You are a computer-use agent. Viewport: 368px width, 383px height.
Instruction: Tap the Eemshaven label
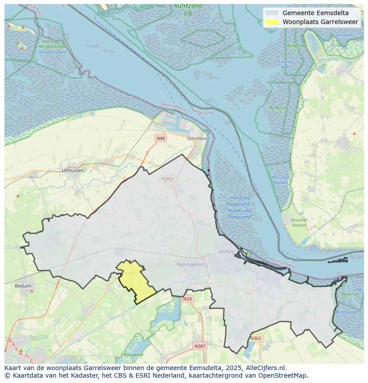click(x=198, y=139)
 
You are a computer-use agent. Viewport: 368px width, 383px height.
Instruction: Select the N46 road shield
click(x=160, y=138)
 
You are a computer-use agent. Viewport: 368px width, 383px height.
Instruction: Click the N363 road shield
click(x=167, y=179)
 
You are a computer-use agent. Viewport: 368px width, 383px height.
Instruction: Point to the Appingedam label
click(x=192, y=264)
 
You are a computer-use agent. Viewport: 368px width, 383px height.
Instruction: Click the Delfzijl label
click(x=227, y=252)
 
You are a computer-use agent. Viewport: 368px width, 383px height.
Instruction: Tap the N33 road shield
click(x=188, y=299)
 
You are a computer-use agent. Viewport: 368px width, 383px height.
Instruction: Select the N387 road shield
click(x=200, y=346)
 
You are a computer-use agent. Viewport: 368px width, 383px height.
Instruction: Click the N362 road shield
click(x=256, y=339)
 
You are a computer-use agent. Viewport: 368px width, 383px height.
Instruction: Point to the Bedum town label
click(x=23, y=286)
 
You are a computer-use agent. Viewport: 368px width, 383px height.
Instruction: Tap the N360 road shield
click(x=129, y=274)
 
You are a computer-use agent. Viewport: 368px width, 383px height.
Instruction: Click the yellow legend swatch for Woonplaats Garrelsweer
click(x=272, y=22)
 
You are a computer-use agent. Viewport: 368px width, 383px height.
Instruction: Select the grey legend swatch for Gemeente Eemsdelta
click(x=272, y=13)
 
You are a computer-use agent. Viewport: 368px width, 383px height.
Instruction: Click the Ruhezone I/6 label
click(x=188, y=10)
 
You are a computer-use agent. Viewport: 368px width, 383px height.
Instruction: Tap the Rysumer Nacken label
click(x=299, y=222)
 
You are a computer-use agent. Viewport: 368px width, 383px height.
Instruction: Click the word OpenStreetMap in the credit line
click(x=284, y=375)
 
